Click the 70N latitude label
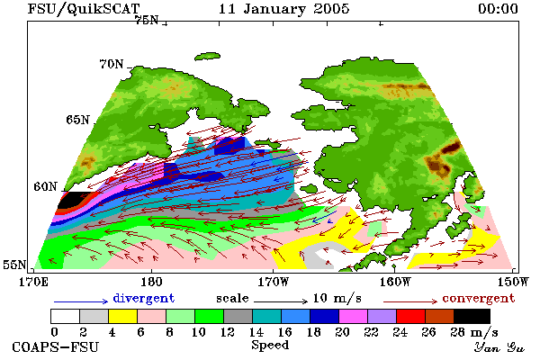112,64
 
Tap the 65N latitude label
77,120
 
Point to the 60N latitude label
45,186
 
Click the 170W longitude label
273,282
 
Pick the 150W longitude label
512,282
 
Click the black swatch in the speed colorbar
472,316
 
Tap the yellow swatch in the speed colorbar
123,316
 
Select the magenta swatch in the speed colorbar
354,316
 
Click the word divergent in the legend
144,298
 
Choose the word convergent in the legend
479,298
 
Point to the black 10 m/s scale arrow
281,301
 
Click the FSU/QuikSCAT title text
84,9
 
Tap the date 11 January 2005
283,9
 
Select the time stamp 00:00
498,9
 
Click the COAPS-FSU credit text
56,346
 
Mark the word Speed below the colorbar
270,346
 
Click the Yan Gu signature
499,347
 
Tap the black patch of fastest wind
71,200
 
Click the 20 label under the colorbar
342,332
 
